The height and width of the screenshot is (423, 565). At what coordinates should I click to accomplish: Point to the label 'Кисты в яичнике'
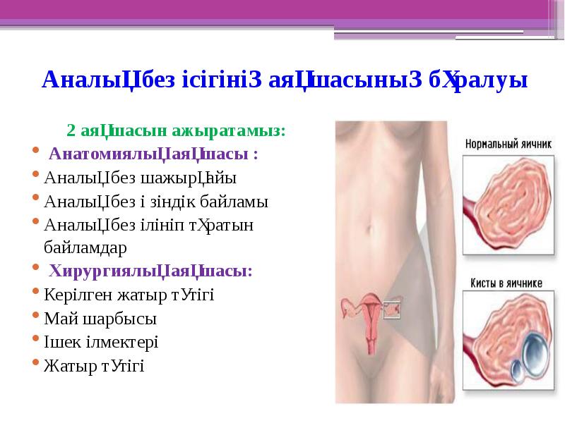[x=506, y=283]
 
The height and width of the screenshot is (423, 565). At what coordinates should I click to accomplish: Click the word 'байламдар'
[x=85, y=248]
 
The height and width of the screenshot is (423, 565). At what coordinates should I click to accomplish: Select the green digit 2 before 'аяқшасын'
[x=71, y=131]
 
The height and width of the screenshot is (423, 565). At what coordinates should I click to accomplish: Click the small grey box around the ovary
[x=392, y=308]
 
